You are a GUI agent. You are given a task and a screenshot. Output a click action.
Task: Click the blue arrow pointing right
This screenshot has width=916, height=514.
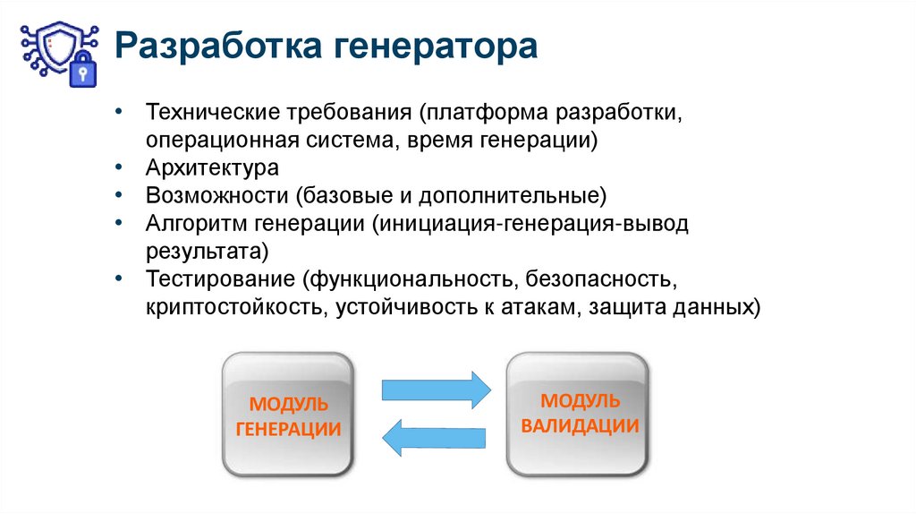pos(437,390)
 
